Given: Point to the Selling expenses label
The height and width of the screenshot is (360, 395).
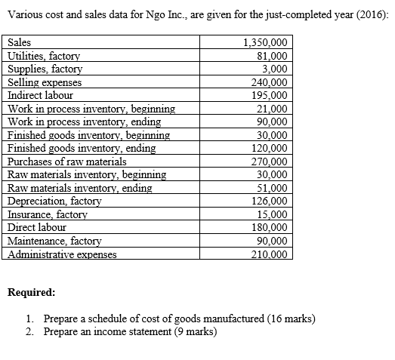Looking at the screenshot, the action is [45, 82].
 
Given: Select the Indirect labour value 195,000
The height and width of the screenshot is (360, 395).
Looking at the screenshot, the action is [268, 96].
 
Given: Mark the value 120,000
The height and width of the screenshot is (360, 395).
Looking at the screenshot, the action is [268, 149].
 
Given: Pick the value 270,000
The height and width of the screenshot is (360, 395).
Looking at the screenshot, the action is [268, 162].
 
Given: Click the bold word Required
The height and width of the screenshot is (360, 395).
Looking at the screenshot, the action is [30, 291].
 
